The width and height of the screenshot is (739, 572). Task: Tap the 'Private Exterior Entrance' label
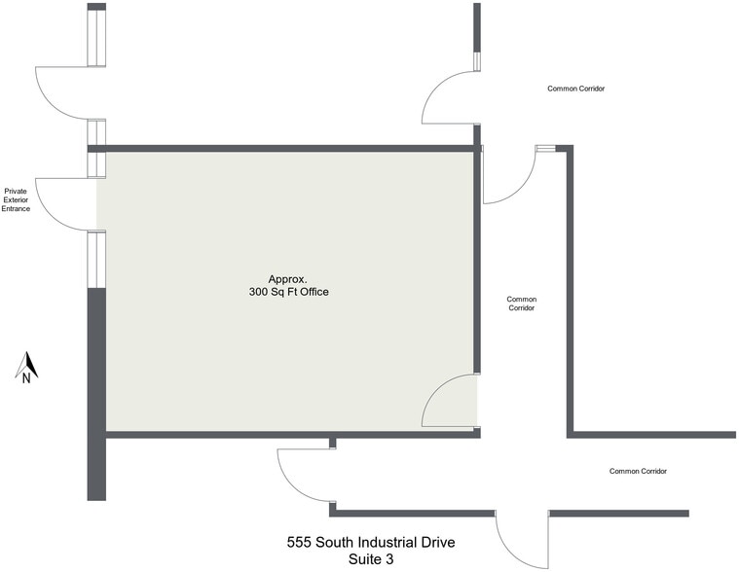16,199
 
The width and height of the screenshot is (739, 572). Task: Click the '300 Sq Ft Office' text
289,292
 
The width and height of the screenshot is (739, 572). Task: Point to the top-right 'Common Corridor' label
576,89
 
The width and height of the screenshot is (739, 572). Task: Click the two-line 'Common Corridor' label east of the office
522,304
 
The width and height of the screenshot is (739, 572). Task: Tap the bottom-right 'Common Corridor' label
638,471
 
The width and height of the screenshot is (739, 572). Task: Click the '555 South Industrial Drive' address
371,542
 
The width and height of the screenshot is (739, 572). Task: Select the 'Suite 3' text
371,559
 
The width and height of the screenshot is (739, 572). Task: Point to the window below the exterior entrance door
96,260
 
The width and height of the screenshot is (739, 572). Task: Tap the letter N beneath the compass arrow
26,379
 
